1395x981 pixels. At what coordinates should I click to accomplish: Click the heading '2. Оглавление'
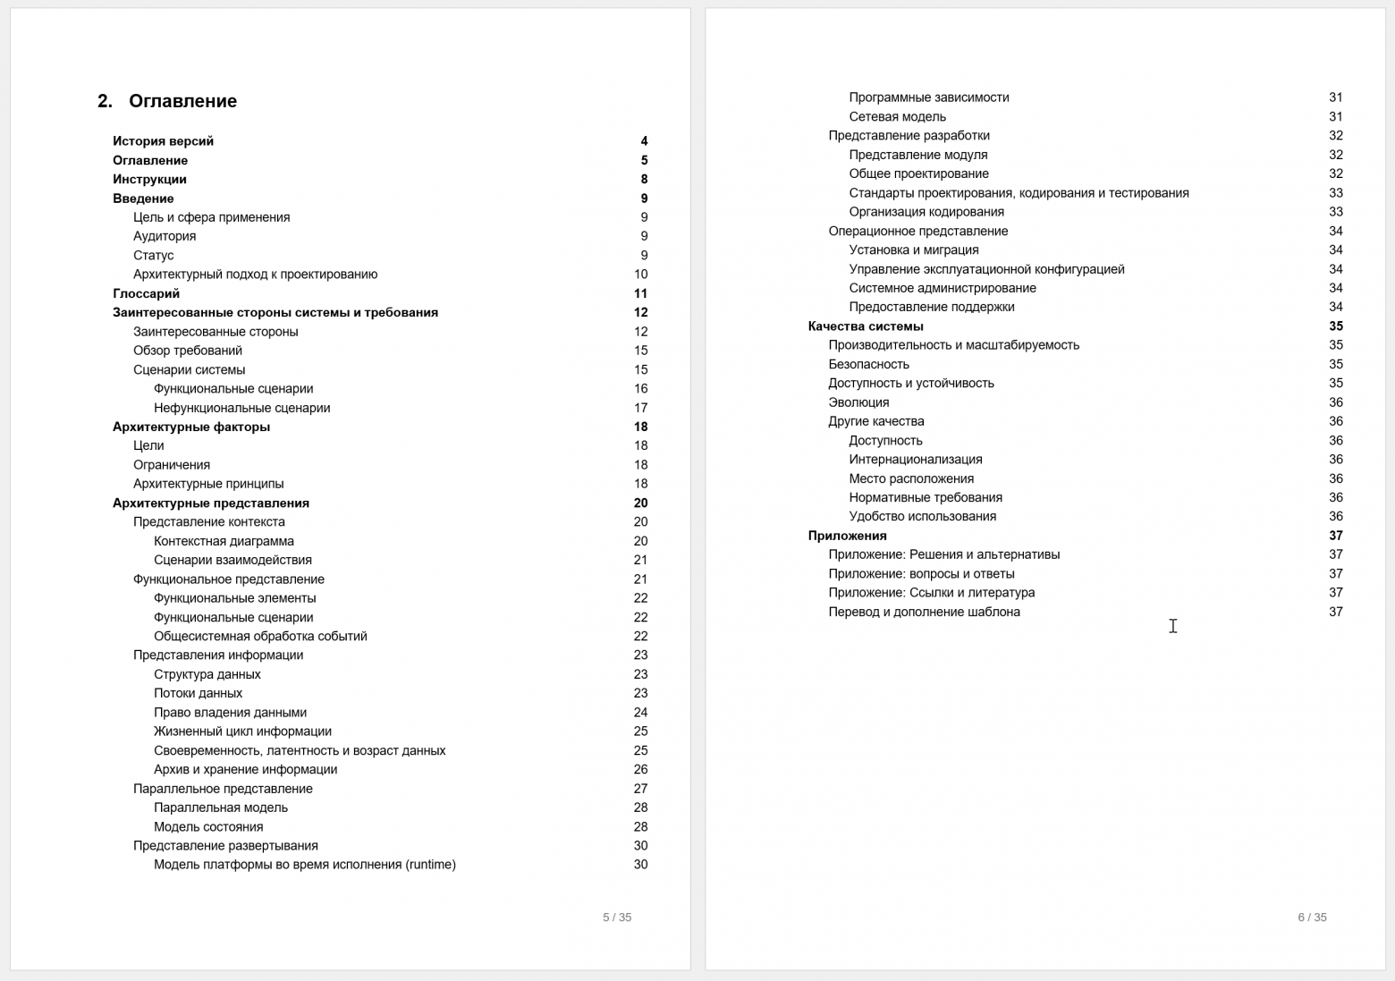pyautogui.click(x=167, y=101)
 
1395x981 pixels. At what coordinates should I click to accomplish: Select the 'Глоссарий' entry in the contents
pyautogui.click(x=146, y=293)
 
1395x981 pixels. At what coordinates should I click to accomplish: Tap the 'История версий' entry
pyautogui.click(x=163, y=141)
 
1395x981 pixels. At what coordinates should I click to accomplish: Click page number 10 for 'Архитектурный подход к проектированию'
pyautogui.click(x=640, y=275)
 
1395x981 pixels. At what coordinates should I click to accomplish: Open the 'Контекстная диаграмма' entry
pyautogui.click(x=224, y=541)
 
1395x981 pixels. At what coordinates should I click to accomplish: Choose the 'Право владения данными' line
pyautogui.click(x=230, y=713)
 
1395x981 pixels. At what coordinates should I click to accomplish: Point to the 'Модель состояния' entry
pyautogui.click(x=208, y=827)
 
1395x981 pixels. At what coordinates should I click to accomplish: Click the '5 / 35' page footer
pyautogui.click(x=617, y=918)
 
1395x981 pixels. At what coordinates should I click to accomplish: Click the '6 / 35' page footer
pyautogui.click(x=1312, y=918)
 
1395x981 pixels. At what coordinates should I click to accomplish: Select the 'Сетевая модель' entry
pyautogui.click(x=897, y=116)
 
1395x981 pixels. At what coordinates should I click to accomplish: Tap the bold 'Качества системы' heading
pyautogui.click(x=866, y=326)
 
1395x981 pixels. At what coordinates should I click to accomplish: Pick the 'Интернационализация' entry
pyautogui.click(x=916, y=460)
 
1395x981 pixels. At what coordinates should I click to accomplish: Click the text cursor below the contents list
pyautogui.click(x=1172, y=626)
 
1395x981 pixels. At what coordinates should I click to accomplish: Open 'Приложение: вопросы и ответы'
pyautogui.click(x=921, y=574)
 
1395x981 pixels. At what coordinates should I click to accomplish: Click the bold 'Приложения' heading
pyautogui.click(x=847, y=536)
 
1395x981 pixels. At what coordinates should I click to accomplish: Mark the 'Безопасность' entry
pyautogui.click(x=868, y=364)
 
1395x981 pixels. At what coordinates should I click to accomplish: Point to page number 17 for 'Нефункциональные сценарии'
pyautogui.click(x=640, y=408)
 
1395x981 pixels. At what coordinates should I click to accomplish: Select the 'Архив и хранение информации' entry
pyautogui.click(x=245, y=770)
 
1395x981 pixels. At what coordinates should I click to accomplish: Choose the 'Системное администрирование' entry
pyautogui.click(x=943, y=288)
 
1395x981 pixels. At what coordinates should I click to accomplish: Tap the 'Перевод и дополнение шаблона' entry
pyautogui.click(x=924, y=612)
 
